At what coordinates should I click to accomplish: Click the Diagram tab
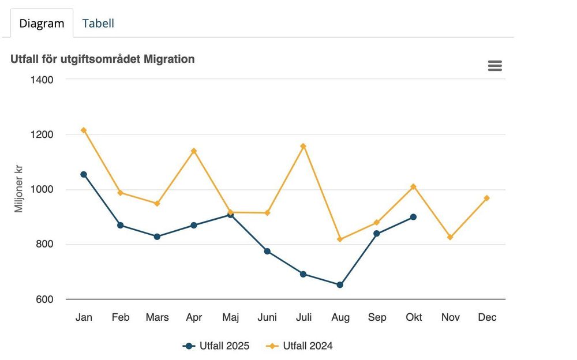pyautogui.click(x=42, y=23)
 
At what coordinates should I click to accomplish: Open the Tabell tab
pyautogui.click(x=98, y=23)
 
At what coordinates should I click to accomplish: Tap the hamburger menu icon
pyautogui.click(x=495, y=66)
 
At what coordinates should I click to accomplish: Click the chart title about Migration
pyautogui.click(x=102, y=59)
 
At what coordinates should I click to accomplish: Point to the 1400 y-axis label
pyautogui.click(x=42, y=80)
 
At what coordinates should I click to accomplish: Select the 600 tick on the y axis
pyautogui.click(x=44, y=299)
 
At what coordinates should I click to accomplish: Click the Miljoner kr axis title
pyautogui.click(x=18, y=189)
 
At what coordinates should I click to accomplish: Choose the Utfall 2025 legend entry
pyautogui.click(x=216, y=346)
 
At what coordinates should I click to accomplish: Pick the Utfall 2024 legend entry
pyautogui.click(x=299, y=346)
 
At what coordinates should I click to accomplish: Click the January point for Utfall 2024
pyautogui.click(x=84, y=130)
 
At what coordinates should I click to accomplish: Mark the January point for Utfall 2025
pyautogui.click(x=84, y=174)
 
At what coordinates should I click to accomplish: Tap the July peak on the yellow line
pyautogui.click(x=304, y=147)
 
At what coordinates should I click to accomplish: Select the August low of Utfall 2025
pyautogui.click(x=340, y=285)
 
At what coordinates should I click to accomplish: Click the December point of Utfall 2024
pyautogui.click(x=486, y=198)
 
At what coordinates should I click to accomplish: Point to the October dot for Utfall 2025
pyautogui.click(x=413, y=217)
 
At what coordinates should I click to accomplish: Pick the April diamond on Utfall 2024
pyautogui.click(x=193, y=151)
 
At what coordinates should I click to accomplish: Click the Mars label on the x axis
pyautogui.click(x=157, y=317)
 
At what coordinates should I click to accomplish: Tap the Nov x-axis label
pyautogui.click(x=451, y=317)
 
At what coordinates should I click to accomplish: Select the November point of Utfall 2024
pyautogui.click(x=450, y=238)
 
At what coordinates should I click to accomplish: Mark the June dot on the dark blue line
pyautogui.click(x=267, y=252)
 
